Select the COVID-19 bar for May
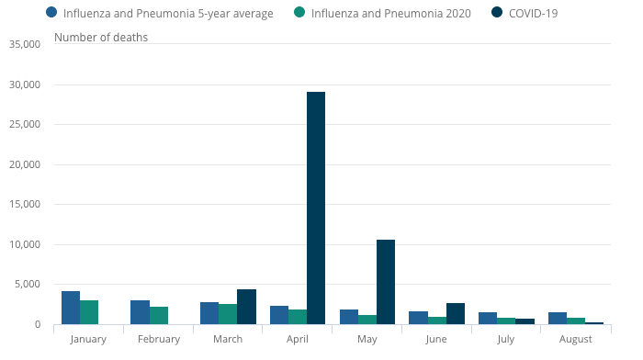(x=385, y=281)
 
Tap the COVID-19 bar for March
(x=246, y=306)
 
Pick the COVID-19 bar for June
(x=455, y=313)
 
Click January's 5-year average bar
(x=71, y=307)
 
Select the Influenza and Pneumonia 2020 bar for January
(x=89, y=311)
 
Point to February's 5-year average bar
(x=140, y=311)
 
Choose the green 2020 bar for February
(x=159, y=315)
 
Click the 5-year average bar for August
(x=558, y=318)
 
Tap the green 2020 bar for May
(x=367, y=319)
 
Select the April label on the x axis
(x=298, y=339)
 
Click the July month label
(x=506, y=339)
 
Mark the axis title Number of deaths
(x=101, y=37)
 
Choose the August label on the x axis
(x=576, y=339)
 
